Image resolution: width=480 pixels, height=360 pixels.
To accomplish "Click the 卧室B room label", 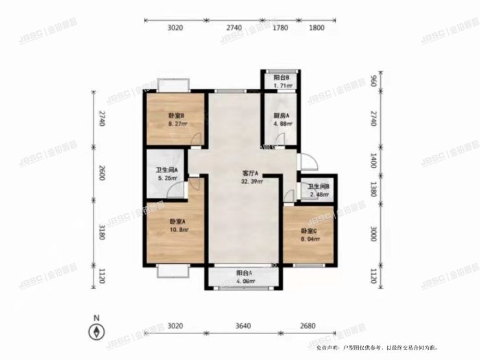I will pyautogui.click(x=174, y=117).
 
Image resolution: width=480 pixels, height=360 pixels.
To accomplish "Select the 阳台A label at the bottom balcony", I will pyautogui.click(x=243, y=273).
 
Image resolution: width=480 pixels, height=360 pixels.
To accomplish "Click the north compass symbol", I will pyautogui.click(x=96, y=331).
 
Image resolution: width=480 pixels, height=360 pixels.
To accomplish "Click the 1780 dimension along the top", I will pyautogui.click(x=280, y=28).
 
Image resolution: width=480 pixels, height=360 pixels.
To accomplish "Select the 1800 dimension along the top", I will pyautogui.click(x=317, y=28).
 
